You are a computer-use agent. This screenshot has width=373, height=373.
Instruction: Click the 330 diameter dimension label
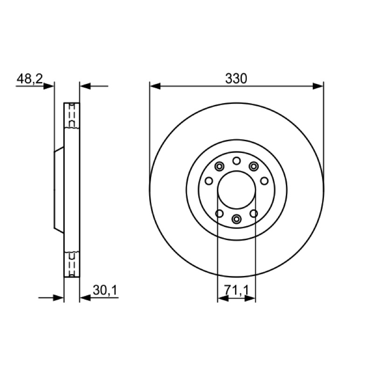[x=236, y=78]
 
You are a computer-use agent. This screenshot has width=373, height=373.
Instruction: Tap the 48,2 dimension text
[x=29, y=78]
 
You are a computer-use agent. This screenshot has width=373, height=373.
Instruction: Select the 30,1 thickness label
[x=105, y=290]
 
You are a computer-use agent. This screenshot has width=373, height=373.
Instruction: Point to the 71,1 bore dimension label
[x=236, y=290]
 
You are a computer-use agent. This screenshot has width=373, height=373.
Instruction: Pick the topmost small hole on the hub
[x=236, y=161]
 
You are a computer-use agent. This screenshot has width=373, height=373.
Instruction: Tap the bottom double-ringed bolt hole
[x=236, y=219]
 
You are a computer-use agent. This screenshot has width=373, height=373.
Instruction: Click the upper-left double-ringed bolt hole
[x=219, y=166]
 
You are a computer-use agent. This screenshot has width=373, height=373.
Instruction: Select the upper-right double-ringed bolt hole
[x=254, y=166]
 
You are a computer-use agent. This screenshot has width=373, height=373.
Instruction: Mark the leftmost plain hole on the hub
[x=209, y=181]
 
